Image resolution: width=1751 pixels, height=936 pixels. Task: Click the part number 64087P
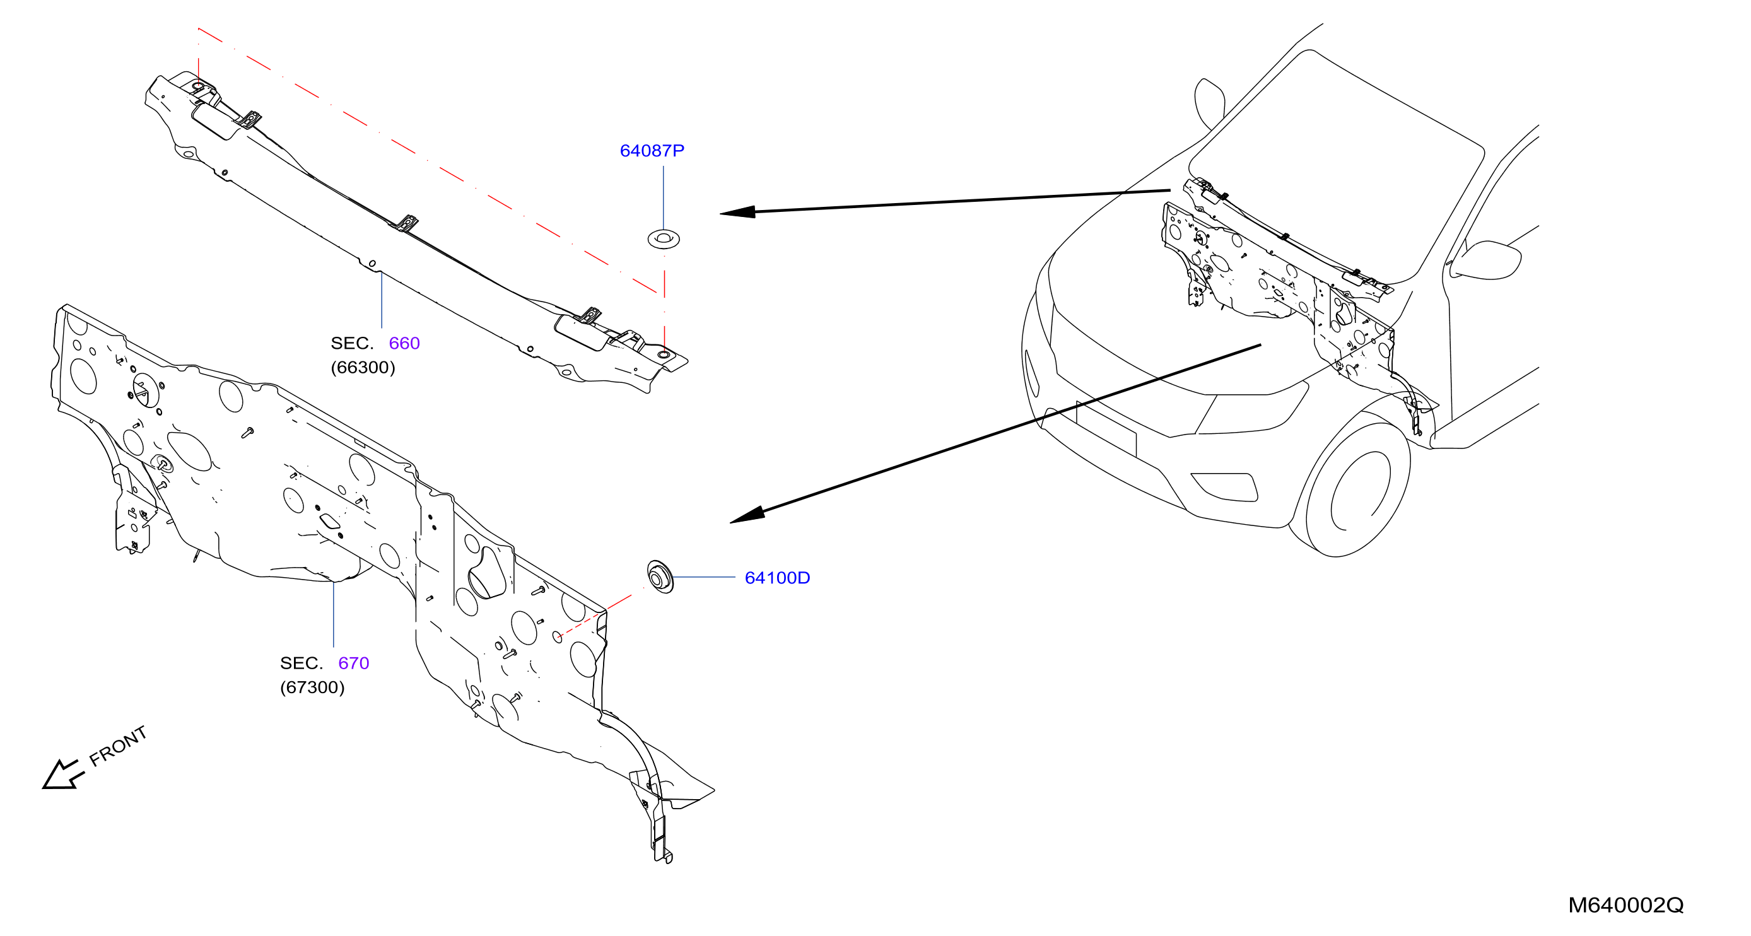[652, 151]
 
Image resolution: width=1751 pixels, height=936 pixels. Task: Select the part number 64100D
[777, 578]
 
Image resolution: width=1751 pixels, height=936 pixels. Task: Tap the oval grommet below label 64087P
[664, 239]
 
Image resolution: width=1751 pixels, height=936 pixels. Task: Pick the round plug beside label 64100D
[659, 577]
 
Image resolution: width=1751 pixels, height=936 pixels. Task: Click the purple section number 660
[404, 343]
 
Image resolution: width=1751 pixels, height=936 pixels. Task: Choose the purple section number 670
[353, 664]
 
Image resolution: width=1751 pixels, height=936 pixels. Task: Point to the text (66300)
[363, 368]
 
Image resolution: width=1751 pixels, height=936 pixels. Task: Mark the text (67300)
[312, 688]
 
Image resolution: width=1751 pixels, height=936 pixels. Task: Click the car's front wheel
[1356, 490]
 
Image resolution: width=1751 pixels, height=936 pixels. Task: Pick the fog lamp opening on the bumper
[1224, 487]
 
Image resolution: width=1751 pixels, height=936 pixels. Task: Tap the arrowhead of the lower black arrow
[747, 515]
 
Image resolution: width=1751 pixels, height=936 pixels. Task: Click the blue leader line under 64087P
[664, 198]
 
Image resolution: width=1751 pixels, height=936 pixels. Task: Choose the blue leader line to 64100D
[703, 577]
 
